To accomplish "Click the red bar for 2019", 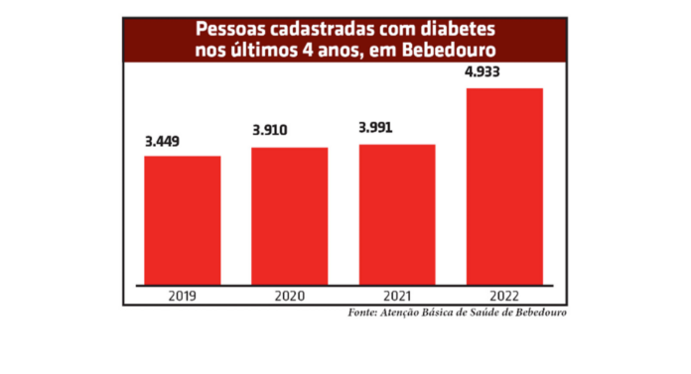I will [183, 219].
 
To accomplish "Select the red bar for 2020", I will [289, 215].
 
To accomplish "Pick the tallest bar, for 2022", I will [504, 186].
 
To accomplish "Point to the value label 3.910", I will [273, 131].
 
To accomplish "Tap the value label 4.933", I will [488, 72].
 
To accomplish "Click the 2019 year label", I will [183, 295].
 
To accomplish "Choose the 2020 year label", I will [289, 295].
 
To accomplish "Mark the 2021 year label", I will [396, 295].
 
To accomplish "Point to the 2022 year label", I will [504, 295].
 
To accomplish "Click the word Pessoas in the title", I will [232, 28].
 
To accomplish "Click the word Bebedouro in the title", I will [451, 48].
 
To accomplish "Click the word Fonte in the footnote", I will [364, 312].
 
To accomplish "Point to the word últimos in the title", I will [262, 48].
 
